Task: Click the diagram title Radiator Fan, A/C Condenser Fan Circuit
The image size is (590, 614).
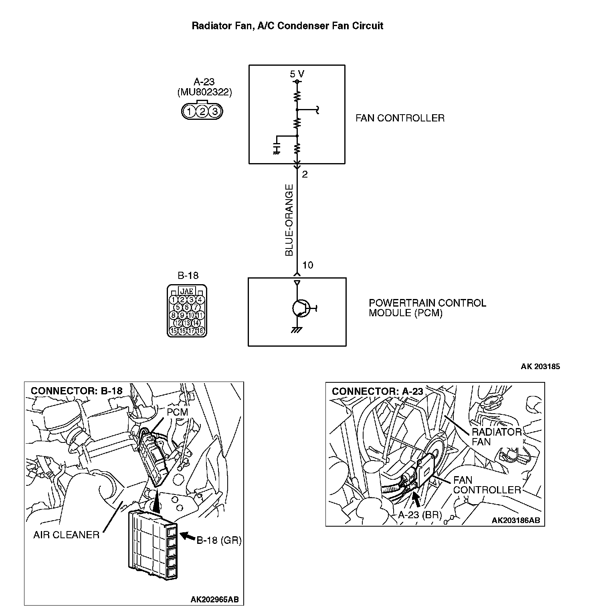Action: (x=287, y=26)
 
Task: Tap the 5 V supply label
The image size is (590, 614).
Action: (x=297, y=74)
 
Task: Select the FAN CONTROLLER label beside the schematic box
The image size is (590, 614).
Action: (x=400, y=118)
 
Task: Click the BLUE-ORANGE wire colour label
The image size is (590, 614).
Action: (x=289, y=220)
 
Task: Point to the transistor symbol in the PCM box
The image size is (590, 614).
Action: (x=300, y=308)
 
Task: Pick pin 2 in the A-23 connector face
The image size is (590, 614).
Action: (x=202, y=111)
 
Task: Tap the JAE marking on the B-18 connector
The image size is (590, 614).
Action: (x=187, y=291)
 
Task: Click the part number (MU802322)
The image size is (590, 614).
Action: (x=204, y=93)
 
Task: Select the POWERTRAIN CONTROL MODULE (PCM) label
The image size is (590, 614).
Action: (x=427, y=308)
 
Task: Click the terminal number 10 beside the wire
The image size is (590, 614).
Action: (x=308, y=265)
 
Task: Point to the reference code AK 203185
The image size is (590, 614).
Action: (x=540, y=366)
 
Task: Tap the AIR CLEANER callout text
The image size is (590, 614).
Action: (x=66, y=535)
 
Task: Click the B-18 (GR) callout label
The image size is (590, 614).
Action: (x=219, y=540)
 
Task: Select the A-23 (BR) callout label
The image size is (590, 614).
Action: (x=420, y=515)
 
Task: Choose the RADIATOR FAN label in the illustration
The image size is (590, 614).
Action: (x=496, y=437)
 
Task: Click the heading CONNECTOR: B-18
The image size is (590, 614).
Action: (x=77, y=391)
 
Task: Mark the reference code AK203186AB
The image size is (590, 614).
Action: (x=515, y=520)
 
